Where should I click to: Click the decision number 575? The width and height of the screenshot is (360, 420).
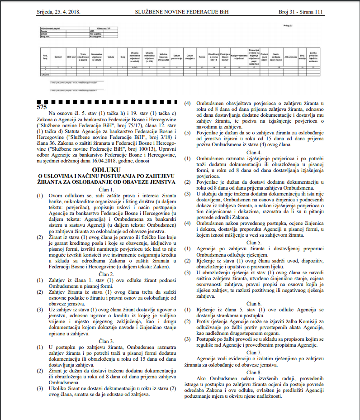(42, 107)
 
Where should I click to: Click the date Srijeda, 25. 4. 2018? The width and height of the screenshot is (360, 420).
(61, 12)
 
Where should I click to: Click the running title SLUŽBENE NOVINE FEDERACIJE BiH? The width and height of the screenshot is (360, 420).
(180, 12)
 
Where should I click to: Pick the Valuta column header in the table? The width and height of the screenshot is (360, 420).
(111, 57)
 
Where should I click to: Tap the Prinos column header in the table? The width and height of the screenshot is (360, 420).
(202, 57)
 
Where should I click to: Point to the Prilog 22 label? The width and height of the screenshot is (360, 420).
(288, 26)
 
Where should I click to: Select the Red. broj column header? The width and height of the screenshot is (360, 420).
(45, 57)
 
